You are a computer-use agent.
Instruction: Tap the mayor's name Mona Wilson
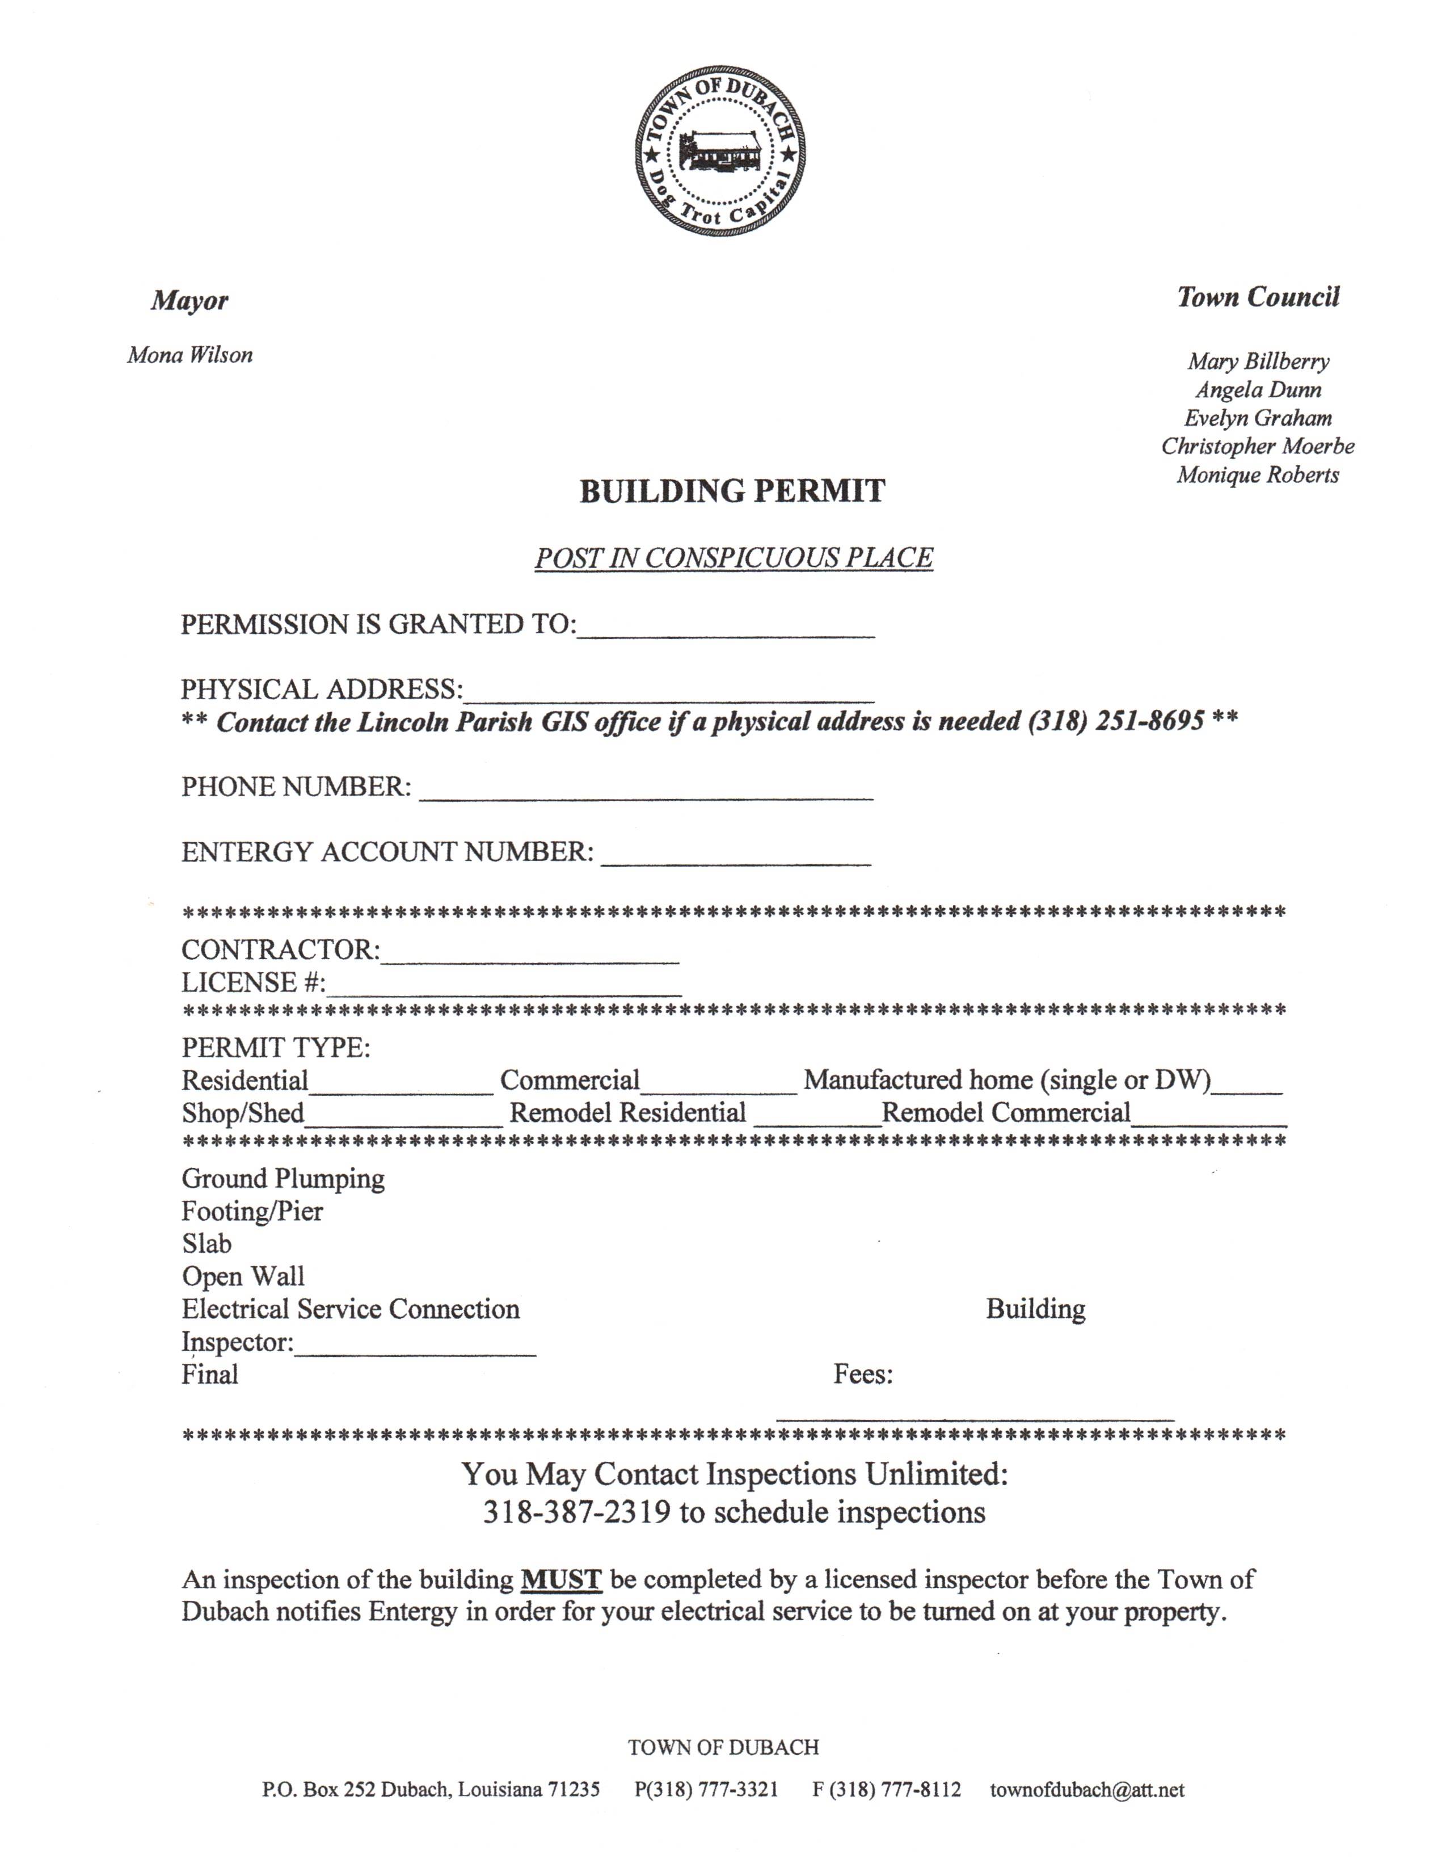[189, 355]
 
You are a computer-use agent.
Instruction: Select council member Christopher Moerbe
[1257, 446]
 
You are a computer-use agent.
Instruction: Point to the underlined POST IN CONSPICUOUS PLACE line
[733, 558]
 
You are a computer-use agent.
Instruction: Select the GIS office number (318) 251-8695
[1116, 721]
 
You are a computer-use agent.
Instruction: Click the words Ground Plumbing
[283, 1178]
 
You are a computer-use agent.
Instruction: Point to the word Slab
[206, 1244]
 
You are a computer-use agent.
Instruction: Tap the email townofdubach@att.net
[1086, 1789]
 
